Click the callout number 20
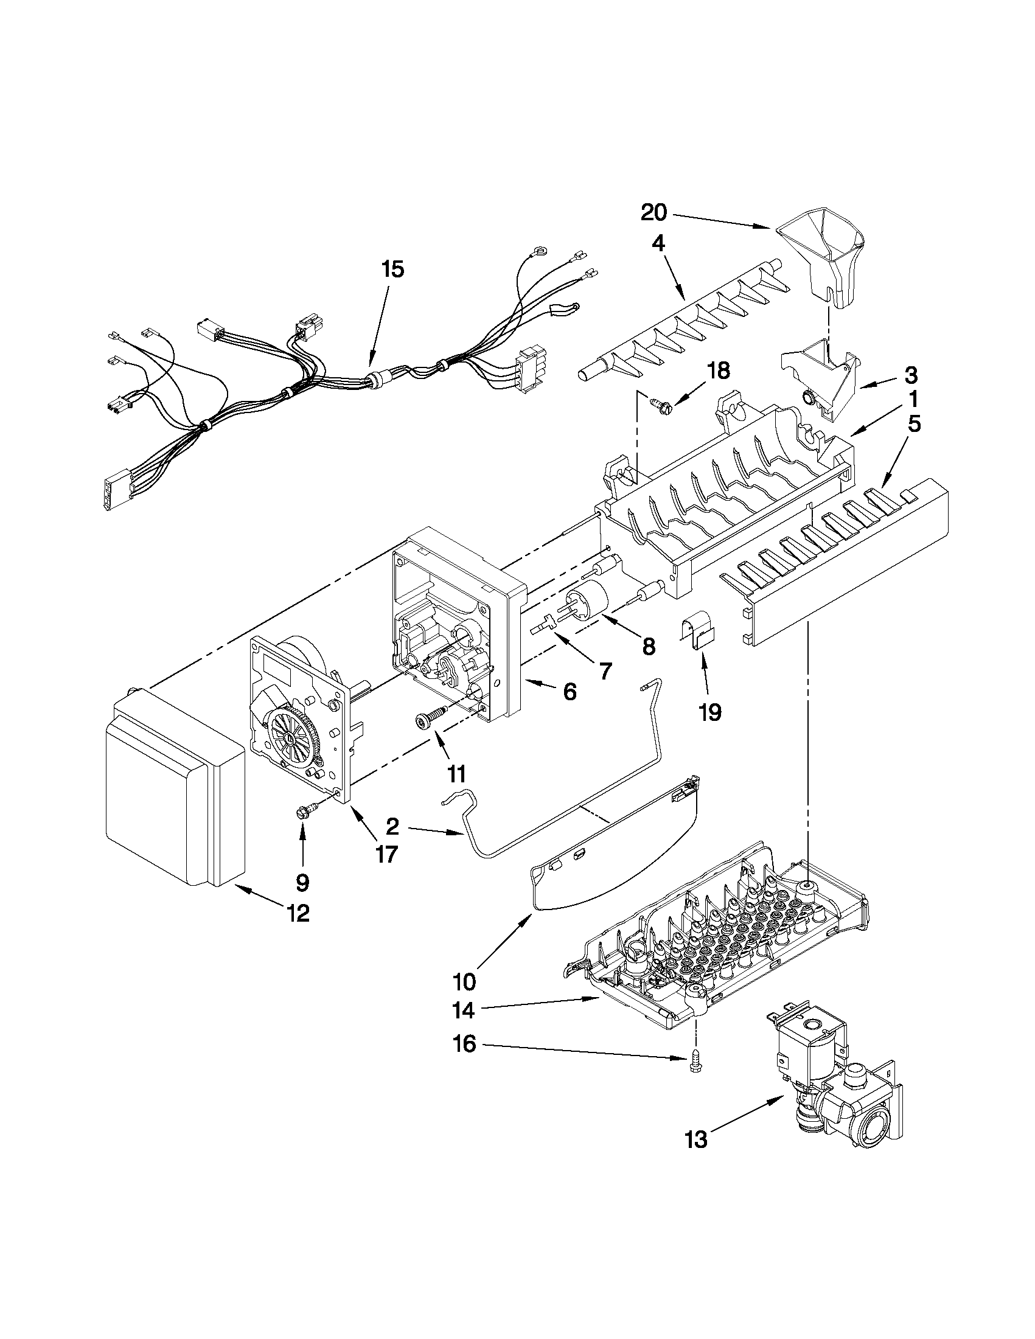tap(653, 213)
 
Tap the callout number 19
tap(710, 712)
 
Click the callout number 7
tap(605, 672)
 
